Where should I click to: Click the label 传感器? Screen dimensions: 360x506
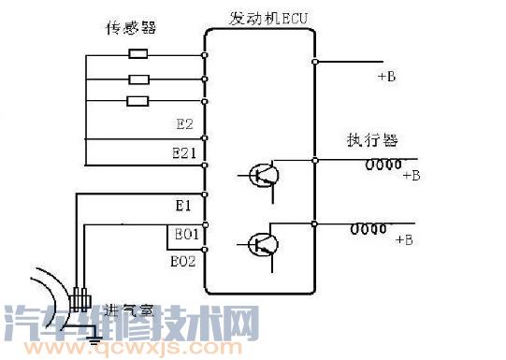129,29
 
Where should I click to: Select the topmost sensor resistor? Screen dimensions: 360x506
137,55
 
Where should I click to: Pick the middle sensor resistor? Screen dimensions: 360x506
137,79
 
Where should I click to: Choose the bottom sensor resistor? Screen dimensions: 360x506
137,101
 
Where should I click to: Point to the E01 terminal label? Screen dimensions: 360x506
183,234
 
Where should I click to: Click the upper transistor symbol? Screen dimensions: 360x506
263,175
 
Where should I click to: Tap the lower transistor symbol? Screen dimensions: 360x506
263,245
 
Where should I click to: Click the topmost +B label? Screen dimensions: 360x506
386,77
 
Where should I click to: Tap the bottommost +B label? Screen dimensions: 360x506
404,240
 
